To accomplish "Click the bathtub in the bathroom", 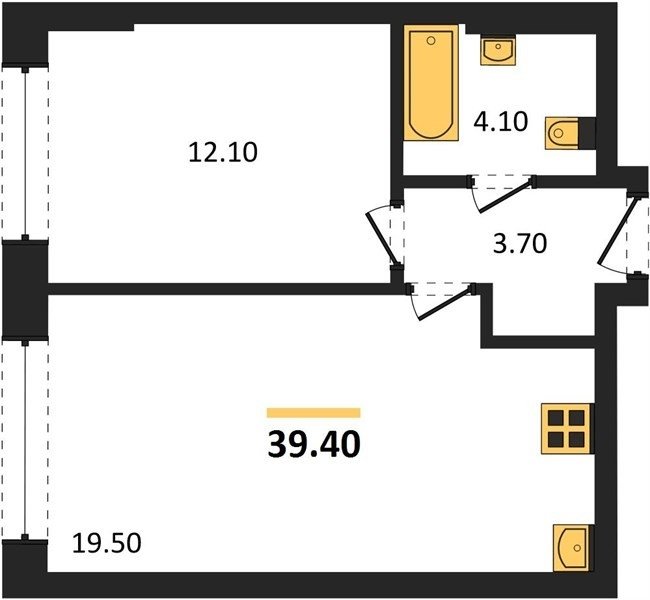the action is point(431,83).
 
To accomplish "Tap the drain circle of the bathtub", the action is point(431,41).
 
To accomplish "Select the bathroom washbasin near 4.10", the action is point(498,50).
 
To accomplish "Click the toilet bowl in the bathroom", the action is point(562,133).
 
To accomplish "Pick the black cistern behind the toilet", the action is point(587,133).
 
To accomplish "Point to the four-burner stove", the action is point(566,428).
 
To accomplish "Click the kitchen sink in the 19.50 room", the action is point(571,547).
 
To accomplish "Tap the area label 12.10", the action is point(223,152).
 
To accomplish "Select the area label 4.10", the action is point(501,121).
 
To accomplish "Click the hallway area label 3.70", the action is point(520,243).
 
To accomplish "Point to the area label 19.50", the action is point(107,543).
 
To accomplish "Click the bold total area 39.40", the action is point(314,444).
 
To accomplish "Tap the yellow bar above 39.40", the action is point(313,413).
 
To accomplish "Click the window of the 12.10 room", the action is point(25,153).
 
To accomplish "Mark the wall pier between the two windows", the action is point(25,290).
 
